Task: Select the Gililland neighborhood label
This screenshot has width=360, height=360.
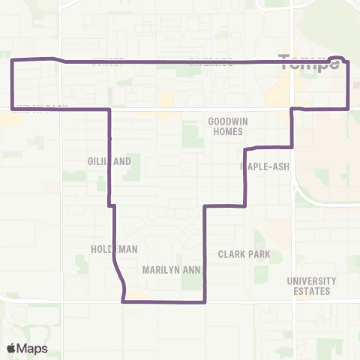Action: (x=109, y=160)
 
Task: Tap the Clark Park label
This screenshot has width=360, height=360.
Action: (x=244, y=254)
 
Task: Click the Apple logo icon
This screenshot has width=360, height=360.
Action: (x=13, y=348)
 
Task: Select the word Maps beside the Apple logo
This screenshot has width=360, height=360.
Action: (x=34, y=348)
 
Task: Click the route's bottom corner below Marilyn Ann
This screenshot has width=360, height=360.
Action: (x=205, y=302)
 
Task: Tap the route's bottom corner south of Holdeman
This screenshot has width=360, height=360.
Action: (x=122, y=301)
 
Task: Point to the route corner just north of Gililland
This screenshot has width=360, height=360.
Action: (x=110, y=109)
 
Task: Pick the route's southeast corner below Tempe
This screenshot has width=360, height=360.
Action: (x=349, y=109)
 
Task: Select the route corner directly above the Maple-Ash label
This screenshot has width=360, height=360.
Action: (x=247, y=147)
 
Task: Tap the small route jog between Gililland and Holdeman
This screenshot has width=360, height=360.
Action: (x=112, y=205)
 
